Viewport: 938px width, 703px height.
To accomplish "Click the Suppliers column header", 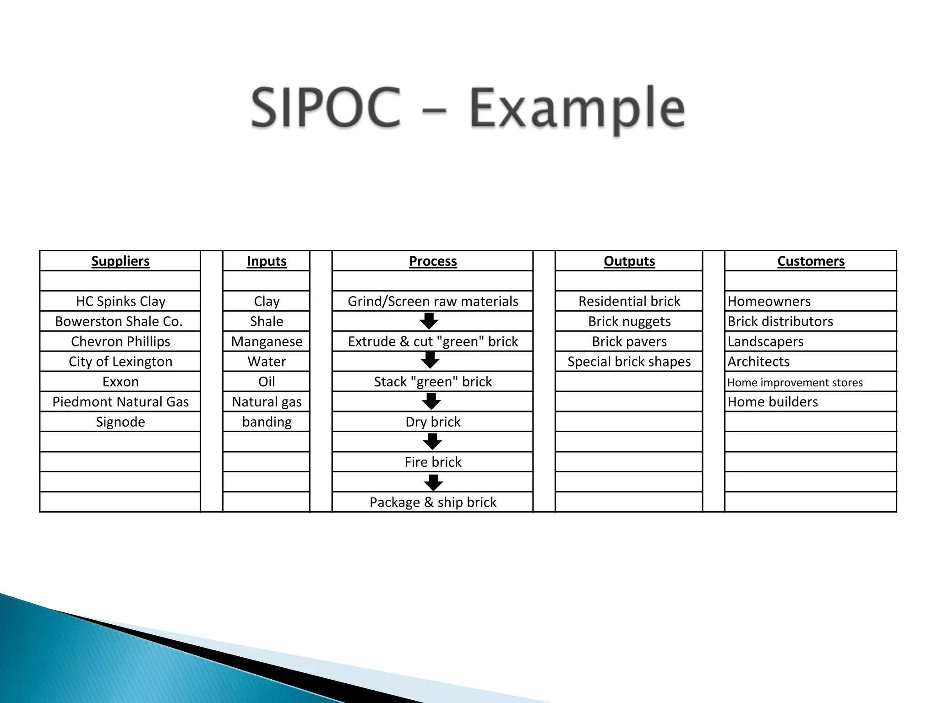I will [x=120, y=261].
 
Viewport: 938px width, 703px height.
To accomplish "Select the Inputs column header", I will [x=267, y=261].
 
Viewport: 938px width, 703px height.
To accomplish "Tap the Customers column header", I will [x=811, y=261].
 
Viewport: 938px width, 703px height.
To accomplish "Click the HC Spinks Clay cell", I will [x=120, y=301].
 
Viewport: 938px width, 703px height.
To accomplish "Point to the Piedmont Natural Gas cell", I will [x=120, y=402].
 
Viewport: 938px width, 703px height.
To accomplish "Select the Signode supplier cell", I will [x=120, y=422].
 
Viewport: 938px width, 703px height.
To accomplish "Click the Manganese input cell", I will [x=267, y=341].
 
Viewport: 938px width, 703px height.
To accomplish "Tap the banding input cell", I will [x=267, y=422].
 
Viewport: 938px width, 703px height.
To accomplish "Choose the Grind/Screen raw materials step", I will [x=433, y=301].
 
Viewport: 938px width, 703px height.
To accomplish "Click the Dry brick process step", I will [x=433, y=422].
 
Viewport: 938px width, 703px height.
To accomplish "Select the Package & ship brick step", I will [x=433, y=503].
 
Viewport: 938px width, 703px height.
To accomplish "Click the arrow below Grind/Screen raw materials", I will [x=429, y=321].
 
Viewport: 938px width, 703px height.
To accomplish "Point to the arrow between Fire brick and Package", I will [x=433, y=482].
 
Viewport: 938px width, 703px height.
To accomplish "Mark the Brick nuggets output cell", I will [x=629, y=321].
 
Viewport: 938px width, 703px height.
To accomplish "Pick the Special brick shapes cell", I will [x=629, y=362].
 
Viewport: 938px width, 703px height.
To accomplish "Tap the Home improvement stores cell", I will [x=795, y=382].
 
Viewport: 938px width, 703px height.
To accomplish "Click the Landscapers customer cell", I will [x=765, y=341].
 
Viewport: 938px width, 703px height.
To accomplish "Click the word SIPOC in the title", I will [x=326, y=109].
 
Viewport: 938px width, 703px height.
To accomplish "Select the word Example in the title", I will [x=577, y=110].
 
